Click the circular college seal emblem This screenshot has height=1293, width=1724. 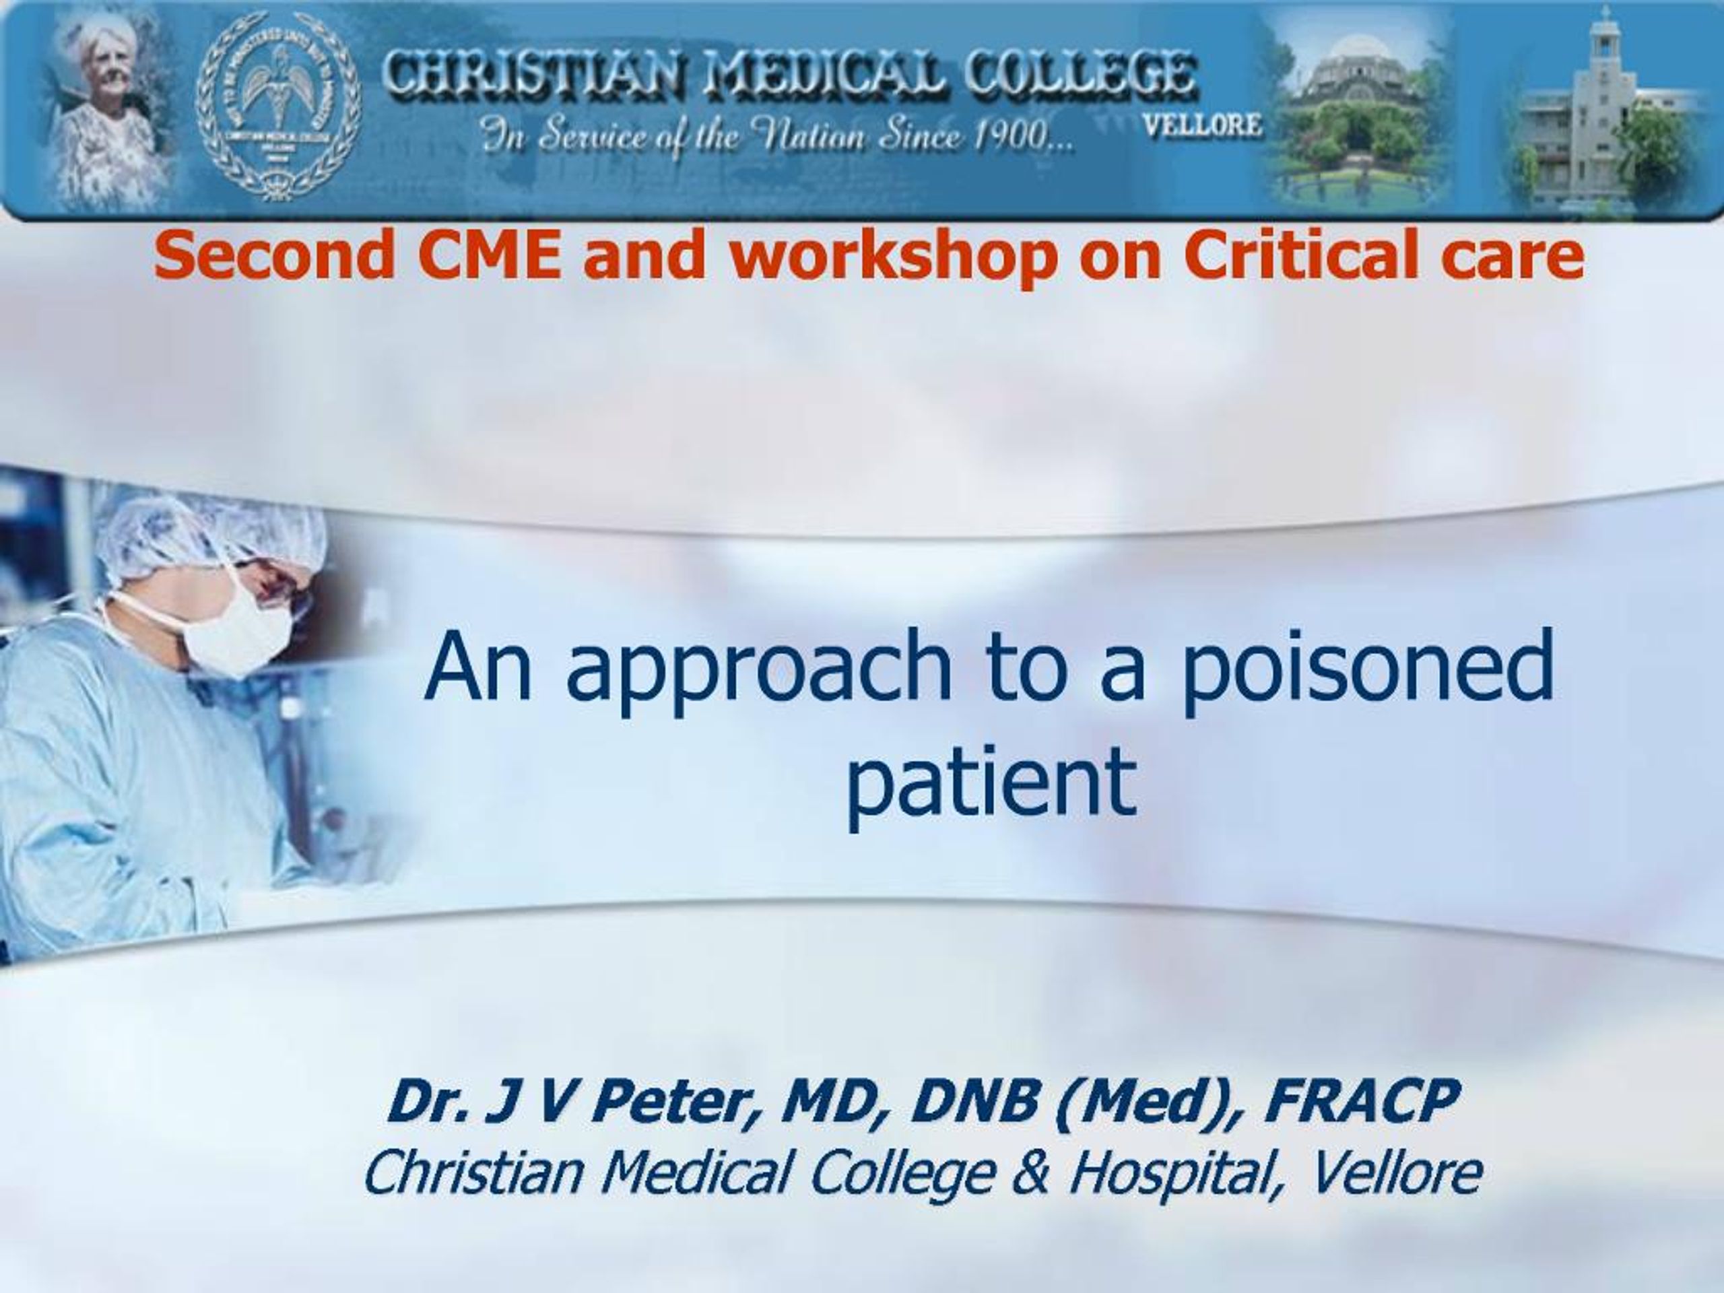pos(277,107)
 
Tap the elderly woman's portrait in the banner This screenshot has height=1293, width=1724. pos(110,109)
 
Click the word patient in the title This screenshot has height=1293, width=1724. pos(991,782)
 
